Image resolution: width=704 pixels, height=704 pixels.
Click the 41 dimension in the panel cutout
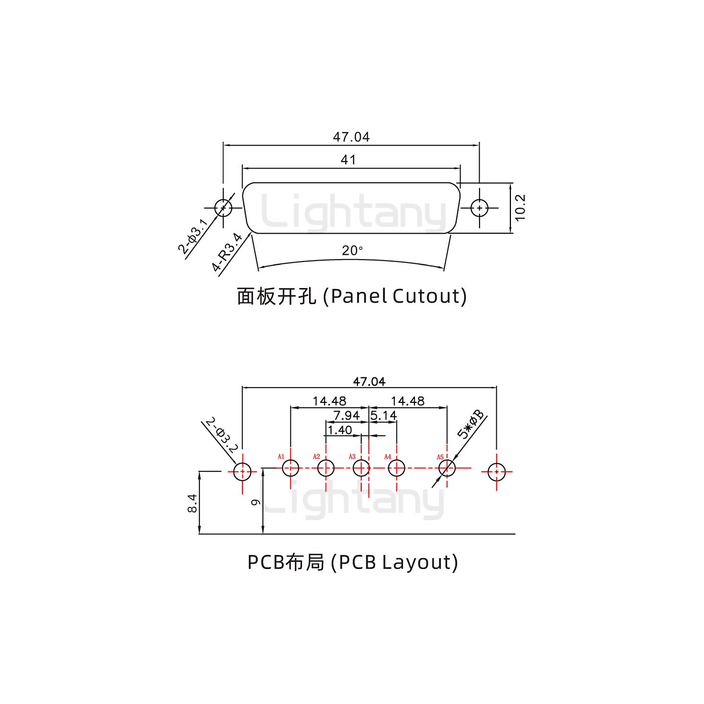click(348, 160)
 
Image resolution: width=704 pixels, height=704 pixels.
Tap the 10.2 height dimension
click(520, 208)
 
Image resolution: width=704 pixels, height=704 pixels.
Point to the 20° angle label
click(352, 251)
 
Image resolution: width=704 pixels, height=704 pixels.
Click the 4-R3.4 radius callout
click(227, 252)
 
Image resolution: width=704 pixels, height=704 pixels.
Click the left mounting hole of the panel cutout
click(223, 208)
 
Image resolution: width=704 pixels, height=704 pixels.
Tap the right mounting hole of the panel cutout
click(480, 208)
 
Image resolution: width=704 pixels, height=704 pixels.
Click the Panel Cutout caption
click(352, 296)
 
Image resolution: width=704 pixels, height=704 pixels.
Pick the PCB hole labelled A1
click(290, 468)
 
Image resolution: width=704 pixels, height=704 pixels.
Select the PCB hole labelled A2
click(326, 468)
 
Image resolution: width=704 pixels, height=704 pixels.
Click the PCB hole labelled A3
click(361, 468)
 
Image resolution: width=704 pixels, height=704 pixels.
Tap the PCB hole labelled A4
click(396, 468)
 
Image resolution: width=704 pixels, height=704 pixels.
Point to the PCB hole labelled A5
click(447, 468)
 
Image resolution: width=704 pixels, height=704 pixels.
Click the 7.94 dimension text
click(346, 416)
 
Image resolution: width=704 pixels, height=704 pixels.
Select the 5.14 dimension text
click(384, 416)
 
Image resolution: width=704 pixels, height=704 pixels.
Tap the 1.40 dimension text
click(339, 430)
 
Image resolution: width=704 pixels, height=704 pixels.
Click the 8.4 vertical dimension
click(192, 504)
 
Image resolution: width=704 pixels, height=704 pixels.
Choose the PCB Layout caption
click(352, 562)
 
